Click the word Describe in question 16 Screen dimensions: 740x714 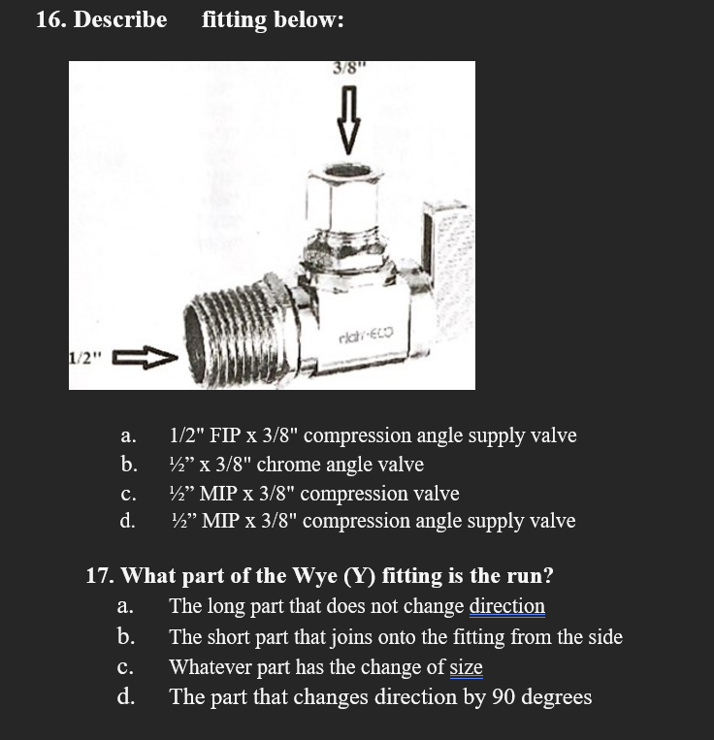click(x=121, y=20)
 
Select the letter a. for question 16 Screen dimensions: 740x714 click(x=127, y=436)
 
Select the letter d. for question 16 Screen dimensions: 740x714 click(x=127, y=522)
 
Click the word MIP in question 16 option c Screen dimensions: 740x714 click(x=219, y=494)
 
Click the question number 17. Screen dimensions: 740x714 click(x=100, y=576)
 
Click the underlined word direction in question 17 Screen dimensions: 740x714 click(x=506, y=607)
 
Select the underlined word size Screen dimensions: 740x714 click(x=466, y=667)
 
